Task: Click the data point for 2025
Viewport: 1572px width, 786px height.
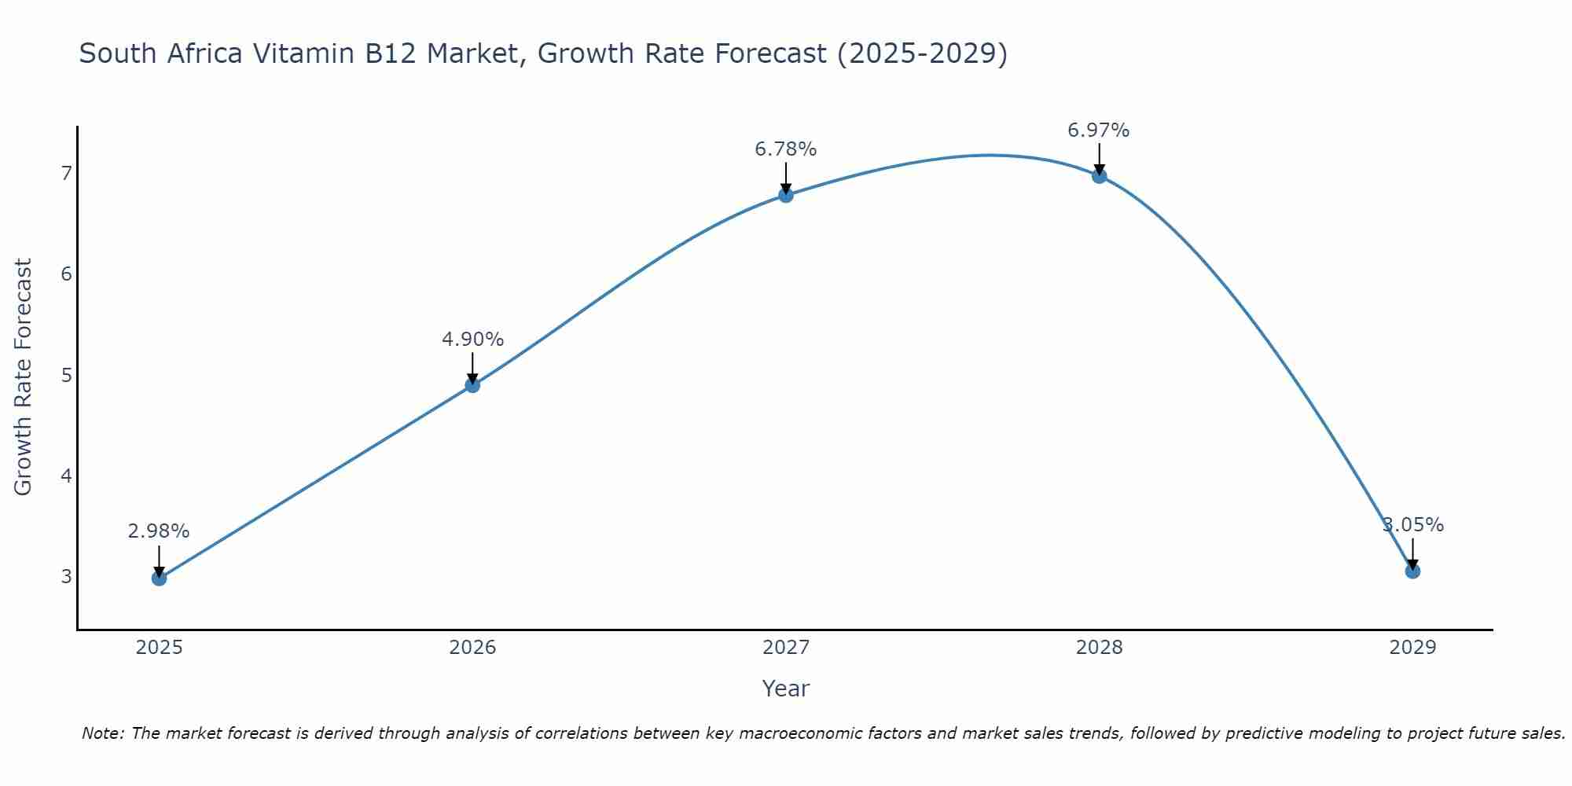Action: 159,578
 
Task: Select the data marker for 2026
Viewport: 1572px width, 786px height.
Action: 472,385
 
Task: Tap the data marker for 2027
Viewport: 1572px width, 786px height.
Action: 786,195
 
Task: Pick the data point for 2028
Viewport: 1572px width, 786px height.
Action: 1099,176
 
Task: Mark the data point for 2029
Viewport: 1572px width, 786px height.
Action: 1412,571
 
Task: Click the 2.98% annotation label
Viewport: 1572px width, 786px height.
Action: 159,531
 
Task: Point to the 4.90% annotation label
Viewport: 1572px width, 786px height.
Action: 472,340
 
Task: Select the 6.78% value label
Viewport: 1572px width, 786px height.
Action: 786,149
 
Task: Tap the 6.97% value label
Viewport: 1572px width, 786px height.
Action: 1099,130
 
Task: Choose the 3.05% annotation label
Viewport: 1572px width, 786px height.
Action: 1413,525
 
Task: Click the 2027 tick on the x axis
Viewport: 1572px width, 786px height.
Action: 786,648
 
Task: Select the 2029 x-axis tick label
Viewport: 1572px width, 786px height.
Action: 1412,648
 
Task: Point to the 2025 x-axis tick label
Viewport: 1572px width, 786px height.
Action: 159,648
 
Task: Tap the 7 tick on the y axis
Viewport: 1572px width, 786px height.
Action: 66,173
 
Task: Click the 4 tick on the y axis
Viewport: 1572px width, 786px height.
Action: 66,476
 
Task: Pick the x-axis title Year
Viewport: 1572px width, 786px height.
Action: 786,689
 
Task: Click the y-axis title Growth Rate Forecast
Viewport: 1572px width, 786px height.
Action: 24,377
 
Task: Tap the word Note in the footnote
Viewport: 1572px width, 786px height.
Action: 102,733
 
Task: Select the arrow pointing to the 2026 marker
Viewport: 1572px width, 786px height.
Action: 472,367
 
